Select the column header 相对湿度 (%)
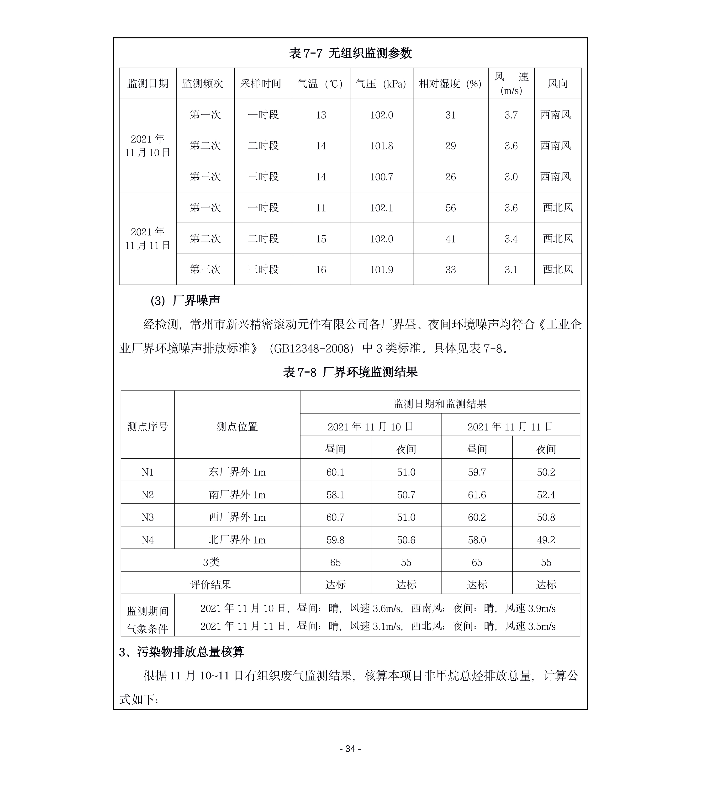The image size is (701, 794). (450, 84)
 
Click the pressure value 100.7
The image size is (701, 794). (381, 177)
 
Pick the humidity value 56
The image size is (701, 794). (450, 208)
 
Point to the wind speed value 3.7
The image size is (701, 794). (511, 115)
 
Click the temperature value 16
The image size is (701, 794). (321, 270)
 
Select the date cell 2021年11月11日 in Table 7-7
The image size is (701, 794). (148, 238)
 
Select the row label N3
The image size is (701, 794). (148, 517)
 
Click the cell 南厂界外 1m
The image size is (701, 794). (237, 494)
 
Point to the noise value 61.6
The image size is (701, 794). (477, 494)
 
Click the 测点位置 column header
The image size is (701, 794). (237, 427)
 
